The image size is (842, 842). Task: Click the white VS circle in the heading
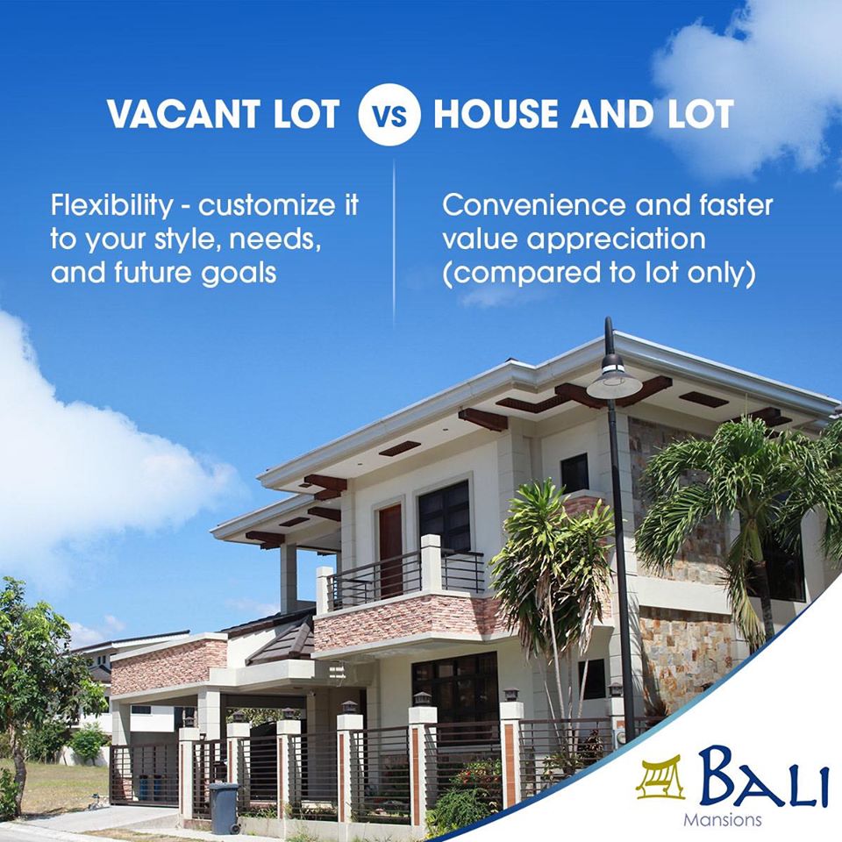point(389,115)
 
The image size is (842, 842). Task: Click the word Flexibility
point(111,206)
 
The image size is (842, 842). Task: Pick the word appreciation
point(616,240)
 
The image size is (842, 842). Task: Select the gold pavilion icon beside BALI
point(661,778)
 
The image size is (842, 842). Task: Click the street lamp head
point(614,380)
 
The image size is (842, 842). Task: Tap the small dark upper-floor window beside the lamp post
point(574,475)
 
